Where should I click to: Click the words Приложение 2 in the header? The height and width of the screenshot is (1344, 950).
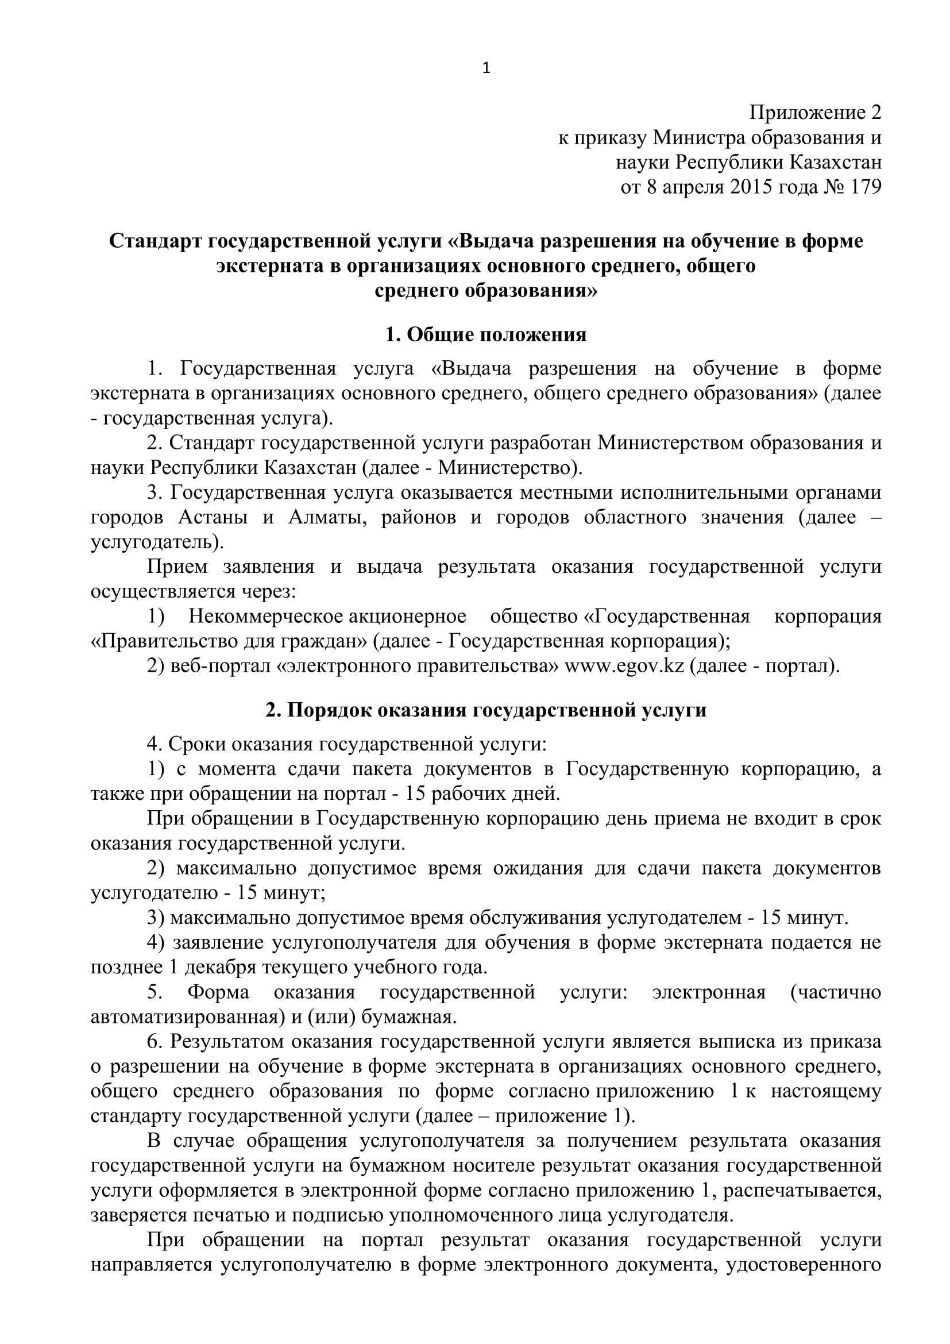point(816,113)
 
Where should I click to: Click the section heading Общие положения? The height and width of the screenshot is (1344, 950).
point(485,335)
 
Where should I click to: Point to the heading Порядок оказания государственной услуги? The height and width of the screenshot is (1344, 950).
point(485,710)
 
